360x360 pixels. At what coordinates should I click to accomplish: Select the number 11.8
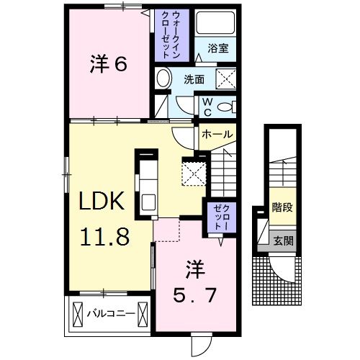tap(104, 236)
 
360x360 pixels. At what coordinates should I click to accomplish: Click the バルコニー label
tap(110, 314)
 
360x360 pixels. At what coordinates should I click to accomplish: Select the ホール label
tap(217, 135)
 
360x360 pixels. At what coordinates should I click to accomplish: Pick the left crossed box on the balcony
tap(77, 314)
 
